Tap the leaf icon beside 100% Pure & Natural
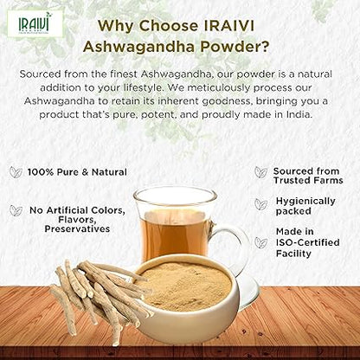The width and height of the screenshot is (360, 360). (x=16, y=172)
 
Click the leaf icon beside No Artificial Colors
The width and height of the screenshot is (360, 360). (x=16, y=210)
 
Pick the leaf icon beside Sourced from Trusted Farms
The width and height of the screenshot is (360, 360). (x=260, y=172)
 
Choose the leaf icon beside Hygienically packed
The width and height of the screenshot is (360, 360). (x=260, y=203)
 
